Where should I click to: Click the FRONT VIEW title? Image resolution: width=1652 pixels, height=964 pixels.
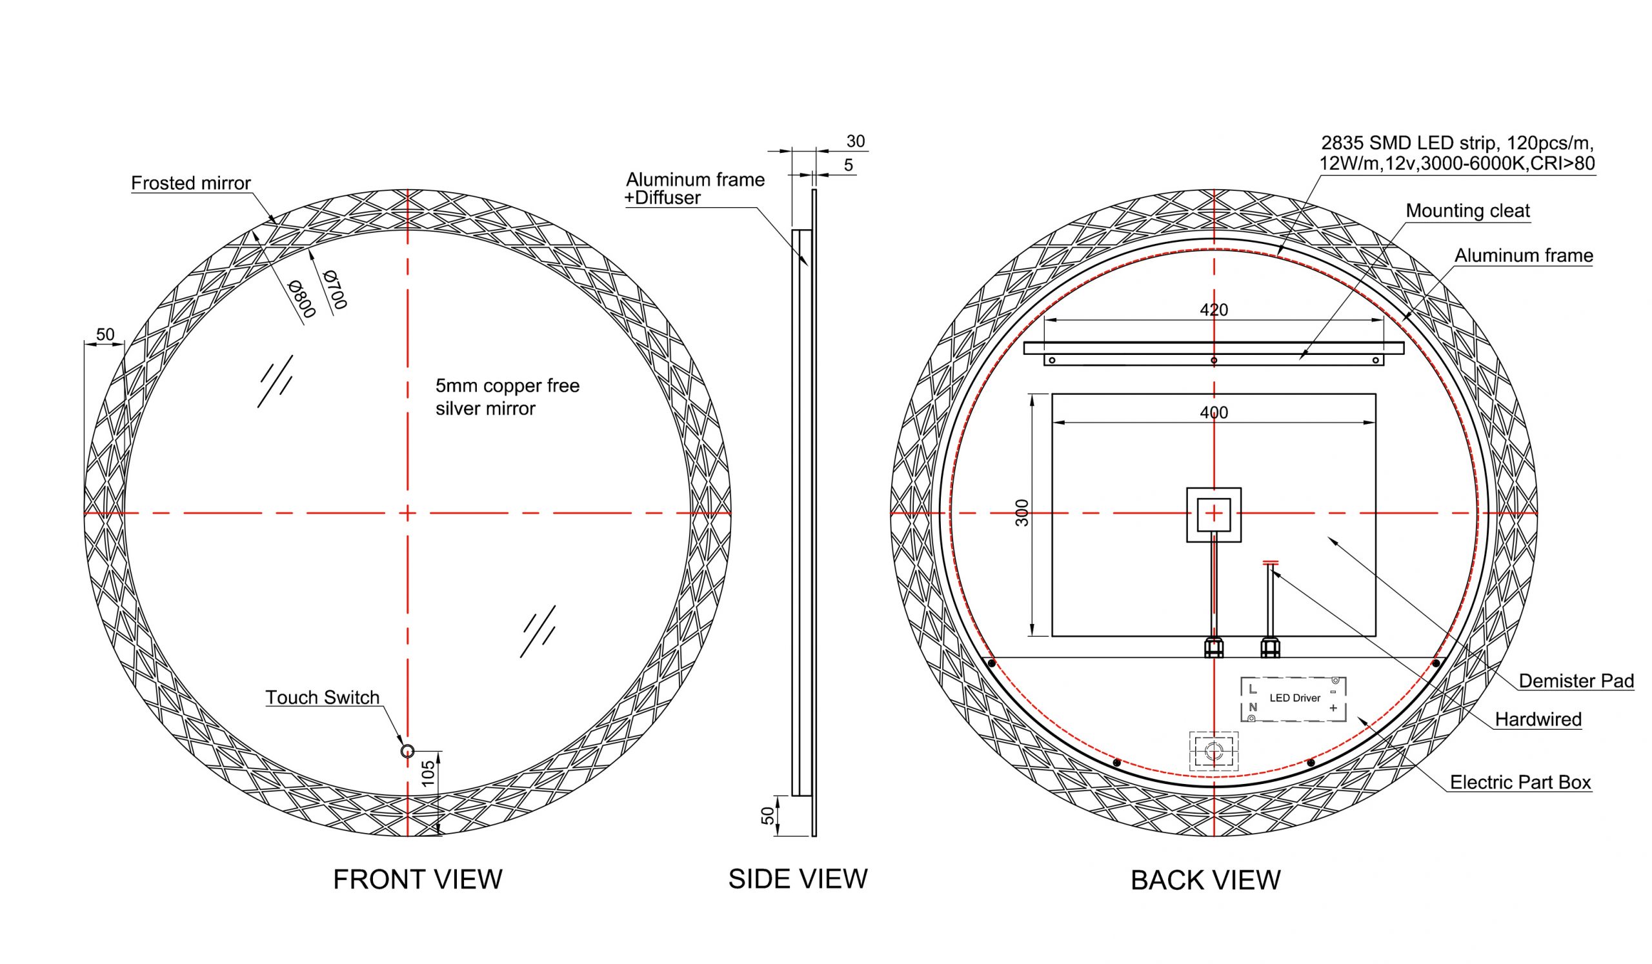coord(418,879)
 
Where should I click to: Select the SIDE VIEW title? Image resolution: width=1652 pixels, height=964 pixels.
coord(798,879)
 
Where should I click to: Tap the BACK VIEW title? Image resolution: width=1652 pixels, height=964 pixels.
coord(1205,880)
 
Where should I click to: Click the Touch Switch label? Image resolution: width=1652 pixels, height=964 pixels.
coord(323,698)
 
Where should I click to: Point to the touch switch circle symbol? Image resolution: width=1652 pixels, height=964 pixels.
coord(407,751)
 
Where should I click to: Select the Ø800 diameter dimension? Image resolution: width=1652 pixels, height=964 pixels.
coord(302,299)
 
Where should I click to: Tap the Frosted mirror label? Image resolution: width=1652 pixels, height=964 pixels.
coord(191,183)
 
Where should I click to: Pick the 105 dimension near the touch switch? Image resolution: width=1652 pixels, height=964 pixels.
coord(427,773)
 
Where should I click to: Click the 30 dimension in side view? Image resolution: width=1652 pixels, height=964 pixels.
coord(856,141)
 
